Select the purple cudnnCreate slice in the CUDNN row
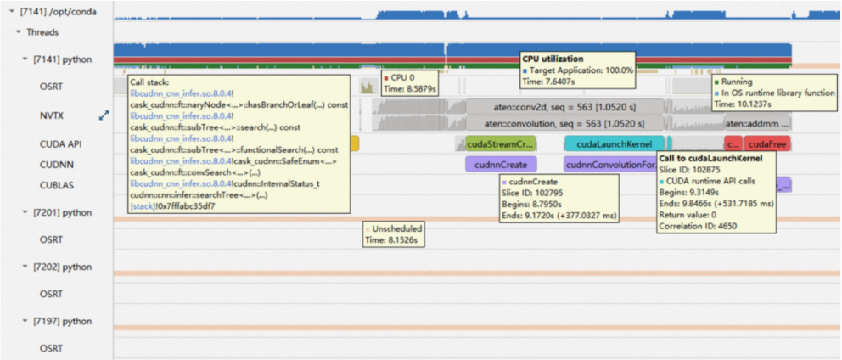tap(501, 165)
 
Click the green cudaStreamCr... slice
tap(501, 144)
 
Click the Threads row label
tap(43, 32)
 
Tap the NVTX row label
tap(53, 115)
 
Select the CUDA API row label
tap(59, 144)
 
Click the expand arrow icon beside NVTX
tap(104, 115)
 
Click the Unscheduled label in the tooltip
tap(397, 229)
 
